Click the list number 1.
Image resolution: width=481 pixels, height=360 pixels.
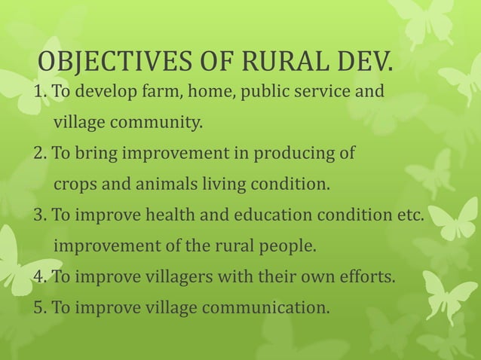tap(38, 93)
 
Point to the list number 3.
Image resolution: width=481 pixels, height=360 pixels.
tap(38, 216)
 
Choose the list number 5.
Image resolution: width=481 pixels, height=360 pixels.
tap(38, 307)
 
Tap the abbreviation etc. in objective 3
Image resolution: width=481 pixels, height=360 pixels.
tap(412, 215)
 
